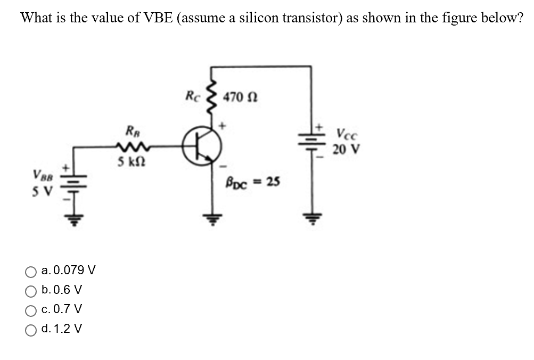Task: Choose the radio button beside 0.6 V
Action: point(31,290)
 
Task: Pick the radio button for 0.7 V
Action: point(31,309)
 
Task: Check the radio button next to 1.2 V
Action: point(31,329)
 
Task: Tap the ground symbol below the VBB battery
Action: point(75,220)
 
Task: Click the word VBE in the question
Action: point(158,18)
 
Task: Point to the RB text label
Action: point(130,130)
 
